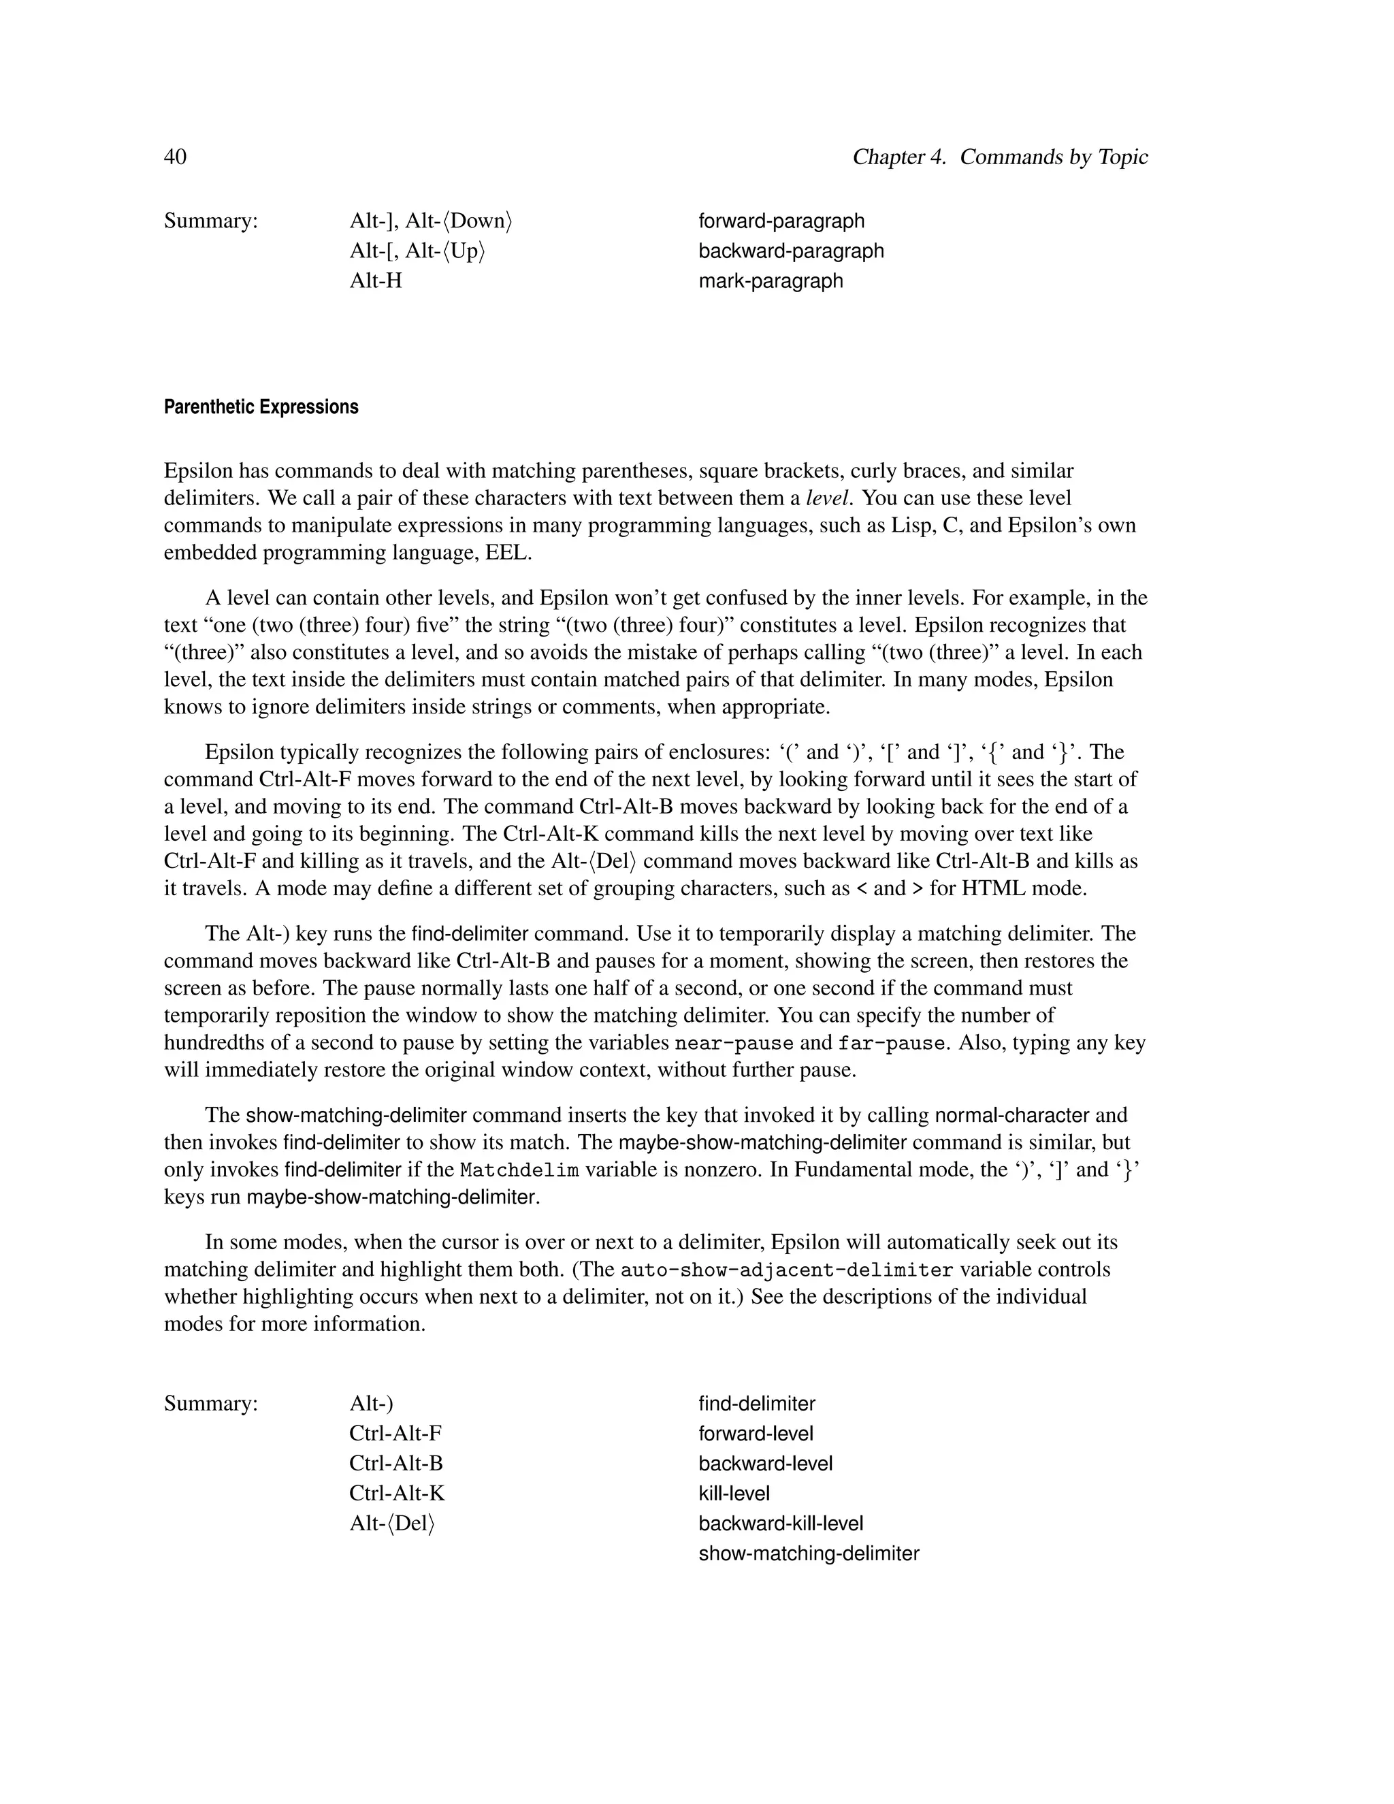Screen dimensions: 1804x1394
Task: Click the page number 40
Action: (x=175, y=157)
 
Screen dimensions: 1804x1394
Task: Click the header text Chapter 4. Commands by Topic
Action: (x=999, y=157)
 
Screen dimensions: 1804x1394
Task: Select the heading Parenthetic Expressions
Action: (x=261, y=407)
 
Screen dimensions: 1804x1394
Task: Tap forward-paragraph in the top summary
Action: (x=781, y=221)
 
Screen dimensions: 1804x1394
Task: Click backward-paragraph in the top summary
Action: (x=790, y=251)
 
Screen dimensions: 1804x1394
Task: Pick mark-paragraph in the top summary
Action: (x=771, y=281)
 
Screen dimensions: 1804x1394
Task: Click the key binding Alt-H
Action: (x=376, y=281)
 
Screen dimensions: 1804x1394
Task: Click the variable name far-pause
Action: (x=890, y=1043)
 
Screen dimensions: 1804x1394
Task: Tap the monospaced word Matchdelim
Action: (x=519, y=1170)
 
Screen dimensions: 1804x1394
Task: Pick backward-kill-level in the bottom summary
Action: (x=781, y=1523)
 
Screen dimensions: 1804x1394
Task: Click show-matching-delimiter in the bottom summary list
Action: (x=809, y=1553)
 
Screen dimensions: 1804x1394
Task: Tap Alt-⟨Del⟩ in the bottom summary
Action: (x=391, y=1523)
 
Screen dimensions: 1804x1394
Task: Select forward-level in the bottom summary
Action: (x=756, y=1434)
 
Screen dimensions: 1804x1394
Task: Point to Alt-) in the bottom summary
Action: (x=371, y=1404)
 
